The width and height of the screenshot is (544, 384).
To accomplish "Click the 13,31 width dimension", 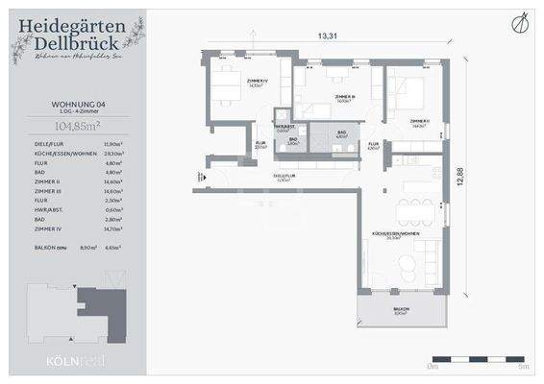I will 328,36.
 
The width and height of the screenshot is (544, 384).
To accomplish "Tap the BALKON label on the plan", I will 400,310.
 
